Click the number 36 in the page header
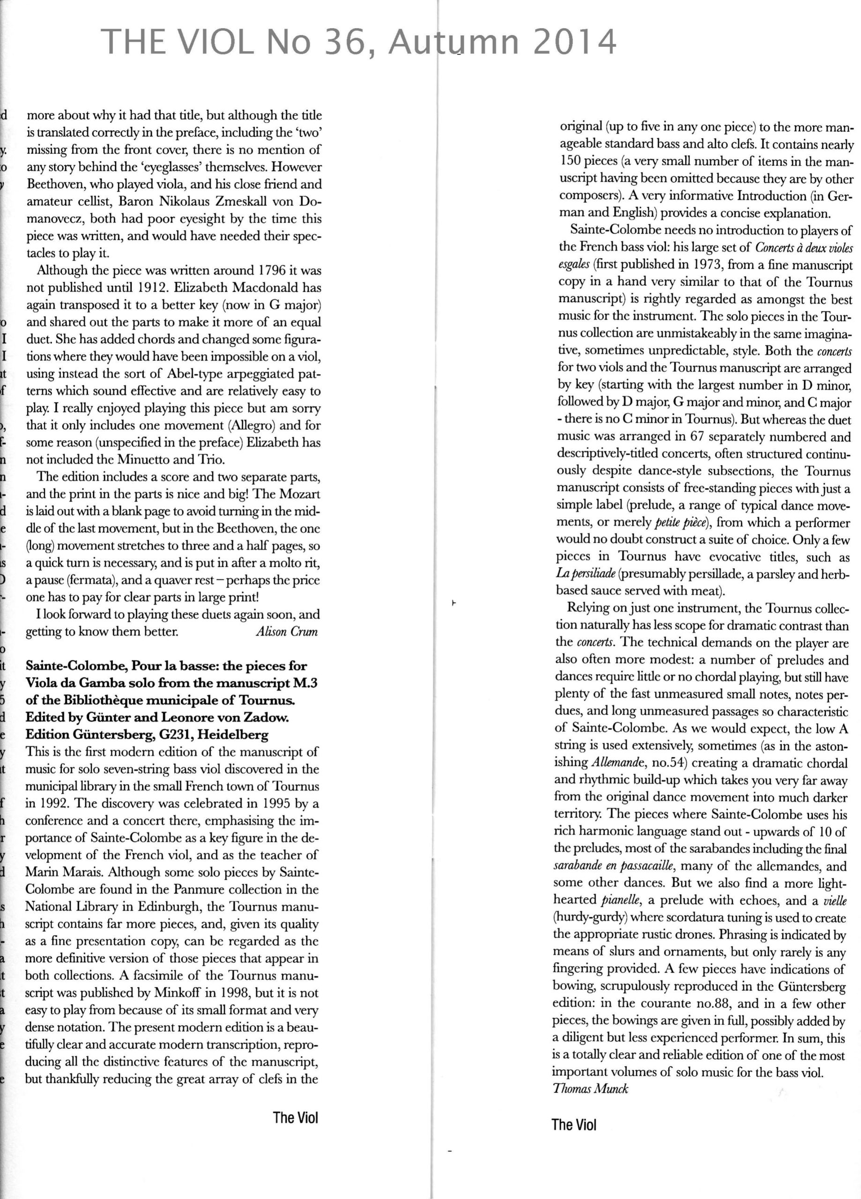[x=341, y=42]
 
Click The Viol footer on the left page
[x=296, y=1118]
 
